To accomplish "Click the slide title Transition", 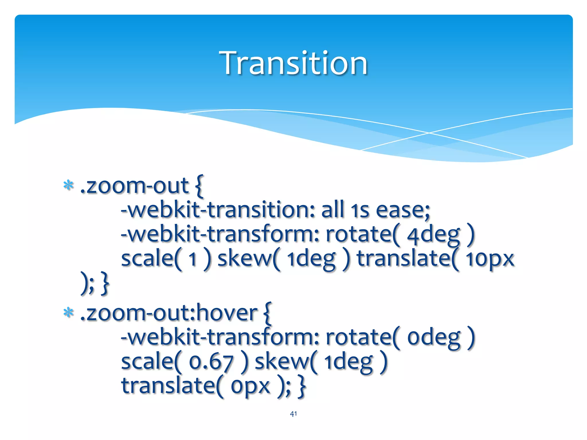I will click(x=293, y=63).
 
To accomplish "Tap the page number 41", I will click(x=293, y=414).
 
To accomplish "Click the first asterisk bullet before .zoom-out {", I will click(x=69, y=186).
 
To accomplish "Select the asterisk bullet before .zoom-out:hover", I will click(x=69, y=313).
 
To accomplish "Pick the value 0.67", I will click(x=211, y=362).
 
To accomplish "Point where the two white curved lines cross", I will click(x=429, y=133).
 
